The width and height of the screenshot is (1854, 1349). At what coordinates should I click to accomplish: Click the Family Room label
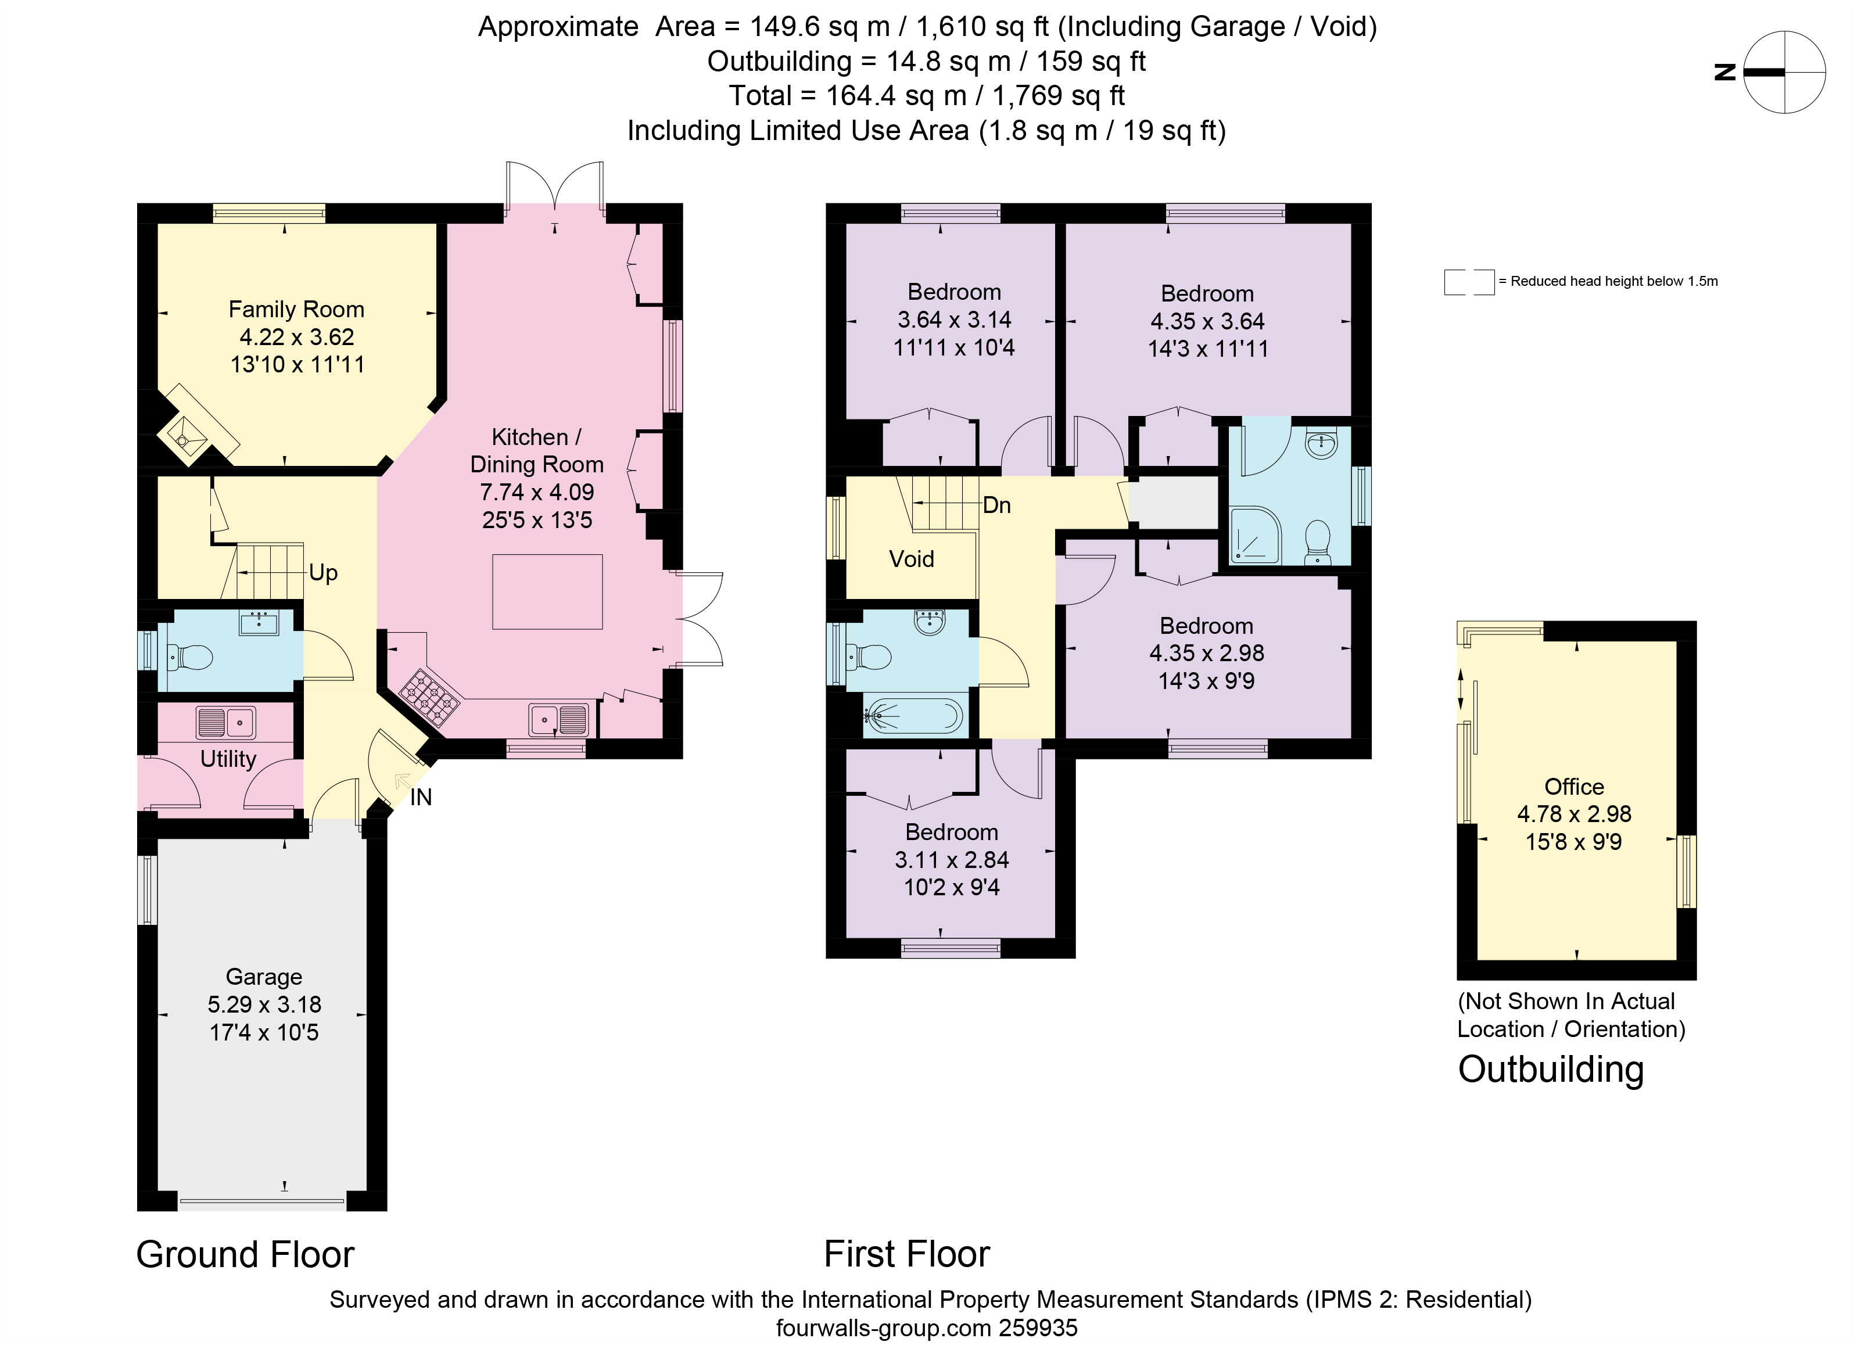tap(296, 310)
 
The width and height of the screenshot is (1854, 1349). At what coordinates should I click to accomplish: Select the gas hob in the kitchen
tap(429, 697)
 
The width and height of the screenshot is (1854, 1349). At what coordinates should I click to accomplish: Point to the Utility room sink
tap(225, 723)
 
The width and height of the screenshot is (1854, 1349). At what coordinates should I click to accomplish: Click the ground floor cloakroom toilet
tap(189, 656)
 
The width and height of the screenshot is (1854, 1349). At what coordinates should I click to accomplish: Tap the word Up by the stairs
tap(323, 572)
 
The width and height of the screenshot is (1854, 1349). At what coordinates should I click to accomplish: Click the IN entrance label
tap(421, 797)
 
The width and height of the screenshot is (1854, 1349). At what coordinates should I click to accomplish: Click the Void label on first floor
tap(912, 559)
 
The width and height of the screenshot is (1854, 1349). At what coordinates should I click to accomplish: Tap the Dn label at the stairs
tap(996, 505)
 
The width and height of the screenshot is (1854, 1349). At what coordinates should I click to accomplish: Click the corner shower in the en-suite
tap(1255, 536)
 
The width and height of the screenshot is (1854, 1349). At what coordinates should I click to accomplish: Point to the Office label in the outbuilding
tap(1573, 787)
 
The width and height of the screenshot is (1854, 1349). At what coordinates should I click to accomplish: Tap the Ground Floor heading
tap(245, 1254)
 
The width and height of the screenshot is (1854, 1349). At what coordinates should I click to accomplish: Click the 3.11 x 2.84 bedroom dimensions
tap(952, 860)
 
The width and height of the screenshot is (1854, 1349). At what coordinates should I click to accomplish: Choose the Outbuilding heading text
tap(1551, 1070)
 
